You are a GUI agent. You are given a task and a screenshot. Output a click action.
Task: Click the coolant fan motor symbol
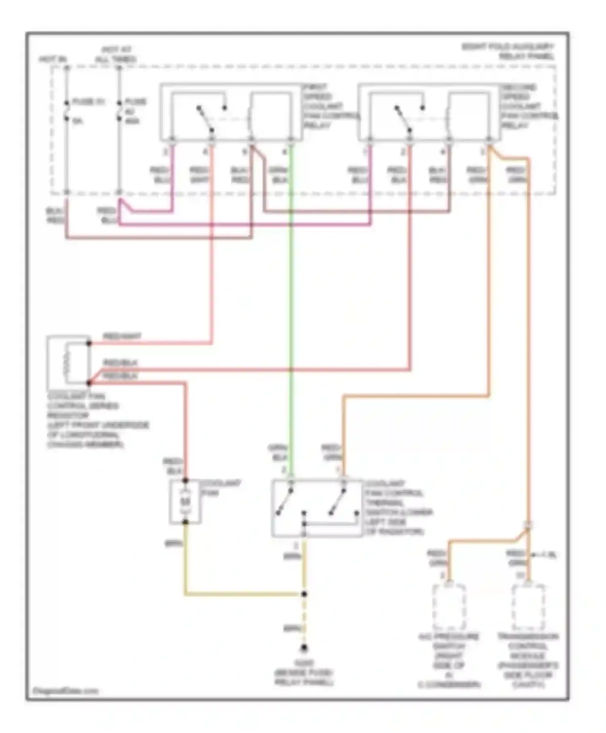pos(185,502)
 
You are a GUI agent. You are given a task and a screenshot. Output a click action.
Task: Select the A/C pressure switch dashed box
pos(449,607)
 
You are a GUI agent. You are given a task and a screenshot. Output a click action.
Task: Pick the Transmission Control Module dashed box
pos(528,607)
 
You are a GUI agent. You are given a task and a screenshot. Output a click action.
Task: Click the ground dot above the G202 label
pos(304,648)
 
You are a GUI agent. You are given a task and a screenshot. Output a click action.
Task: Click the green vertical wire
pos(291,307)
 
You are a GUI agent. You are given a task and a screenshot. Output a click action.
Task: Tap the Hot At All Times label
pos(116,54)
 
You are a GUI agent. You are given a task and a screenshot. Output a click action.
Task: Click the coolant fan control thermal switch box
pos(317,508)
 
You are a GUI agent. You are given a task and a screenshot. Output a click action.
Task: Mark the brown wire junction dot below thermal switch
pos(304,594)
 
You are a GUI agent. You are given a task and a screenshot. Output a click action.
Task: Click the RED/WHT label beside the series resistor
pos(122,336)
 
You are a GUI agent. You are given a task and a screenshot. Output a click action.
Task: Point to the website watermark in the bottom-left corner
pos(65,691)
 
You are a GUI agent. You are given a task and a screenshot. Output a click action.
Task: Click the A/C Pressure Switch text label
pos(449,660)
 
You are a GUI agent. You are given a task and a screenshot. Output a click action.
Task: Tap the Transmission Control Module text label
pos(528,660)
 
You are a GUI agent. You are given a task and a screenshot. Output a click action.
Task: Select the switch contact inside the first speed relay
pos(205,119)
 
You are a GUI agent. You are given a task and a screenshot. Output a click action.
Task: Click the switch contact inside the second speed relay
pos(403,119)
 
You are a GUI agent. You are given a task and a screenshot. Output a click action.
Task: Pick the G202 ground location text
pos(304,673)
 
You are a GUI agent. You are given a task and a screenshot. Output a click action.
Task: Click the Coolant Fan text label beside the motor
pos(220,488)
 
